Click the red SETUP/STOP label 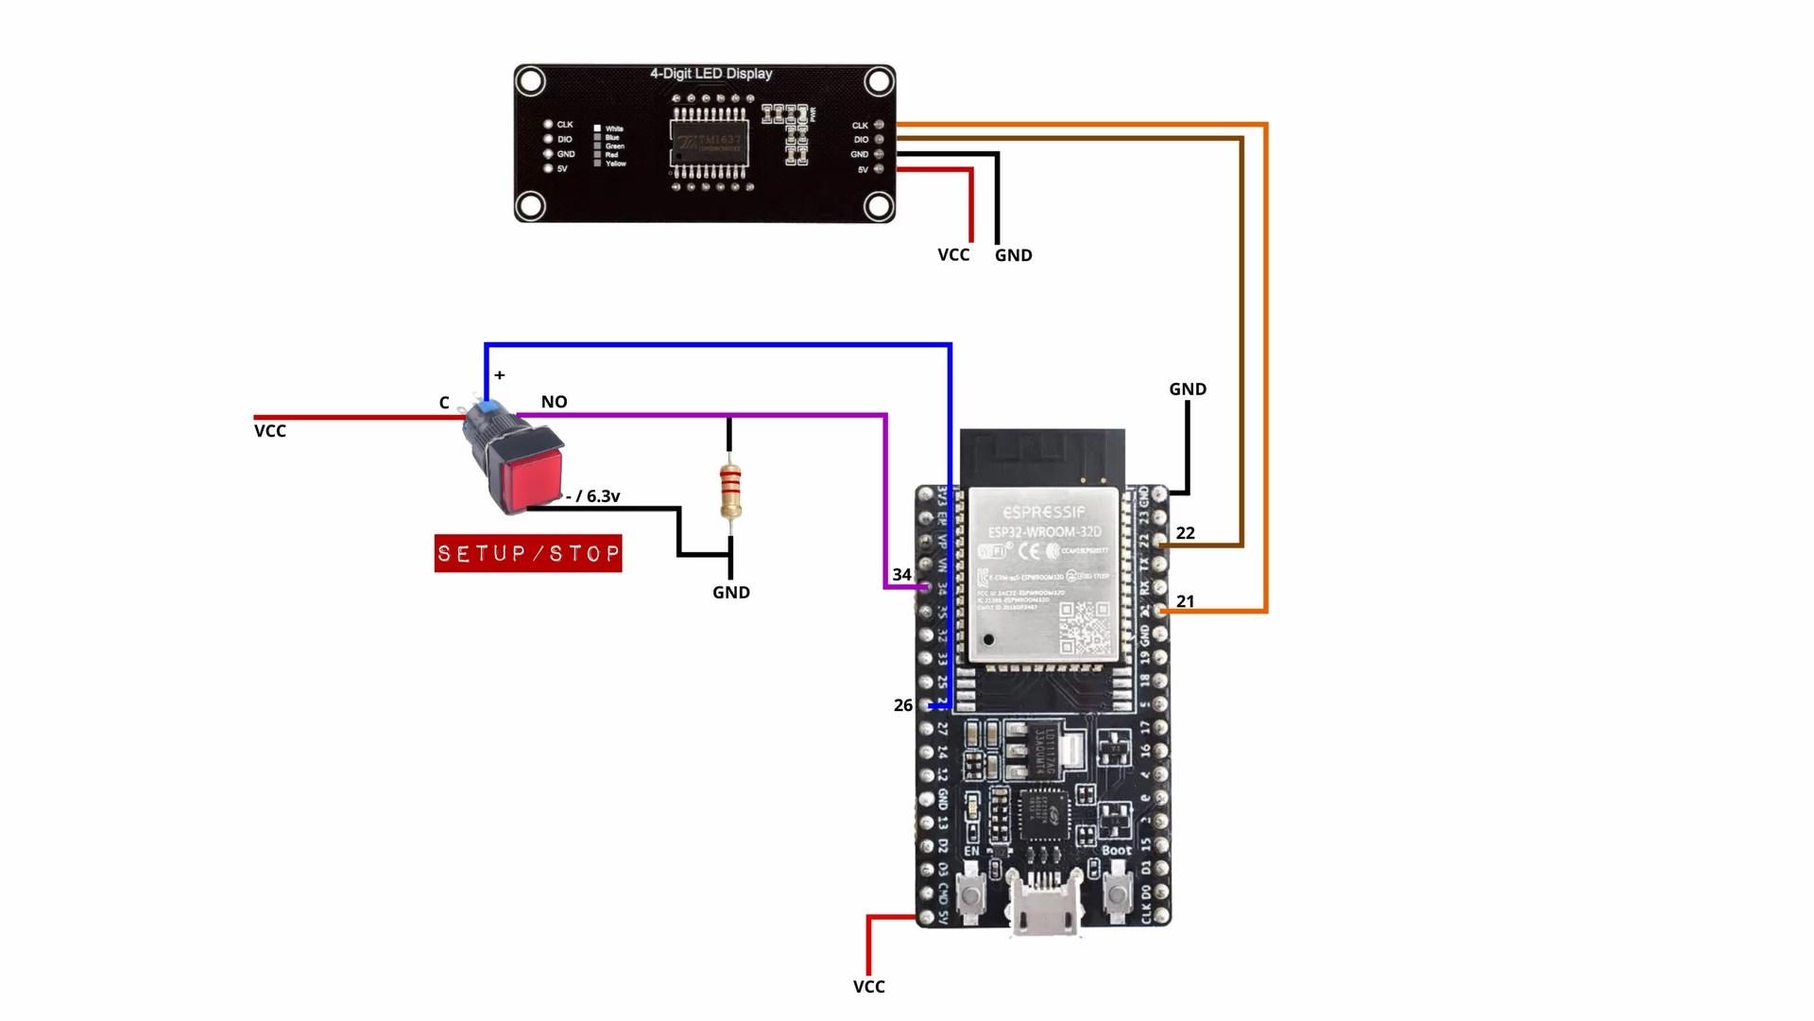click(x=528, y=553)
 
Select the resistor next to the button click(x=729, y=490)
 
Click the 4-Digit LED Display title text click(x=710, y=74)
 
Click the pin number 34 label click(x=901, y=575)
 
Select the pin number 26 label click(x=903, y=705)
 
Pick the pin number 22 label click(x=1186, y=533)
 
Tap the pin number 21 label click(x=1186, y=601)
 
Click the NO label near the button click(x=555, y=402)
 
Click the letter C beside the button click(x=444, y=403)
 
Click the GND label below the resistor click(x=731, y=593)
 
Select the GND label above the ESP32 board click(x=1188, y=389)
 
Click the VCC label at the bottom click(x=869, y=987)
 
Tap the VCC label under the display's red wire click(x=953, y=255)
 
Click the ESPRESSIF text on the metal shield click(x=1044, y=511)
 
